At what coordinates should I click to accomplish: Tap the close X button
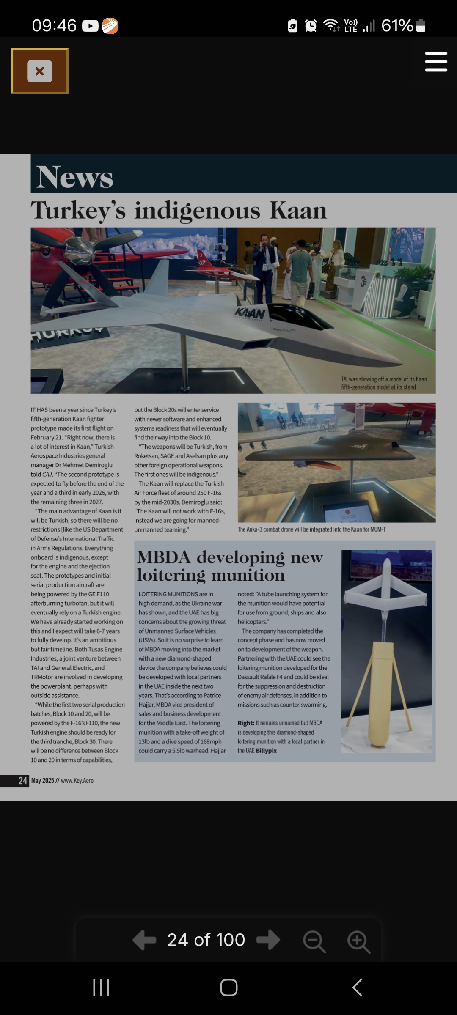pyautogui.click(x=40, y=71)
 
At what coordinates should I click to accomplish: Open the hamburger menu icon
pyautogui.click(x=436, y=62)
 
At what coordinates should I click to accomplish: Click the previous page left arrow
pyautogui.click(x=144, y=940)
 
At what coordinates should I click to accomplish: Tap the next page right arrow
pyautogui.click(x=268, y=940)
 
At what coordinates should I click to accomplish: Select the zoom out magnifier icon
pyautogui.click(x=314, y=941)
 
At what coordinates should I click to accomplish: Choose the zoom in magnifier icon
pyautogui.click(x=359, y=941)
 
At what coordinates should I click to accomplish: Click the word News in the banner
pyautogui.click(x=75, y=177)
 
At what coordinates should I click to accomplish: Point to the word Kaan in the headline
pyautogui.click(x=298, y=210)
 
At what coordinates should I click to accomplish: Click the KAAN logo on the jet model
pyautogui.click(x=250, y=313)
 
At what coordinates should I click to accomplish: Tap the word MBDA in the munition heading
pyautogui.click(x=164, y=557)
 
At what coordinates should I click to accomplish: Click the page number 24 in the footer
pyautogui.click(x=23, y=781)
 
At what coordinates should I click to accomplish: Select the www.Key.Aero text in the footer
pyautogui.click(x=77, y=781)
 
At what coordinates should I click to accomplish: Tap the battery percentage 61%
pyautogui.click(x=397, y=26)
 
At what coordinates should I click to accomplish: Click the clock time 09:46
pyautogui.click(x=54, y=26)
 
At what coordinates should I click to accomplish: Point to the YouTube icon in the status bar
pyautogui.click(x=90, y=26)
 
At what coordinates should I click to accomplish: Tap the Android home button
pyautogui.click(x=228, y=988)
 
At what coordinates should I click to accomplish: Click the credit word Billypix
pyautogui.click(x=267, y=751)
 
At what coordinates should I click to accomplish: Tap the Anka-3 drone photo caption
pyautogui.click(x=312, y=529)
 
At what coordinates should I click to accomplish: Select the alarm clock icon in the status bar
pyautogui.click(x=311, y=26)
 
